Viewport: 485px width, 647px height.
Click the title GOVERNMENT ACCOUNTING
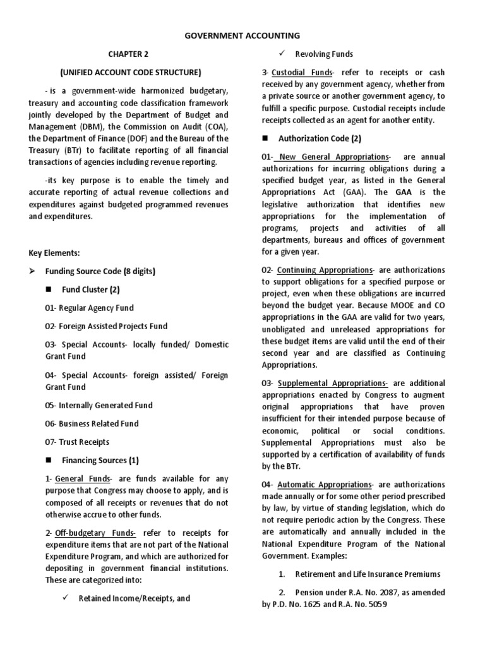(242, 36)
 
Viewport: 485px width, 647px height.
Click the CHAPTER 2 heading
(128, 54)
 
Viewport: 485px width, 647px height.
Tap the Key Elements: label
(54, 253)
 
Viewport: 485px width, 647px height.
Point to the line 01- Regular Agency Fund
(89, 308)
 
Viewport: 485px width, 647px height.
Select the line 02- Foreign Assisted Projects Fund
(106, 326)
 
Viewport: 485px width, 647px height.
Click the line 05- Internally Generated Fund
(99, 405)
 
